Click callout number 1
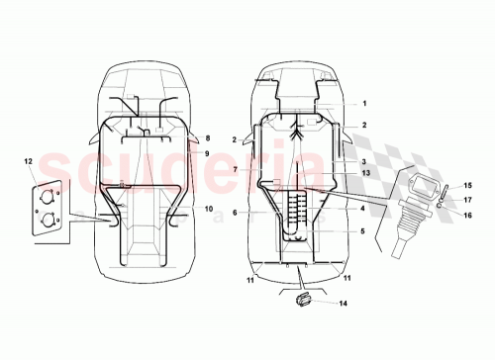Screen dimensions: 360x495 click(x=363, y=103)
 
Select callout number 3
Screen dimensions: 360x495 click(x=363, y=162)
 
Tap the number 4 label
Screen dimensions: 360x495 click(x=363, y=209)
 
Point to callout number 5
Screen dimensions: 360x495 click(x=363, y=231)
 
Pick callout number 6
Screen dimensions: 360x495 click(x=235, y=213)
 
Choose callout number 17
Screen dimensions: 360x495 click(x=468, y=199)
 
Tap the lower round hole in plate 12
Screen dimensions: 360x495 click(x=46, y=219)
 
